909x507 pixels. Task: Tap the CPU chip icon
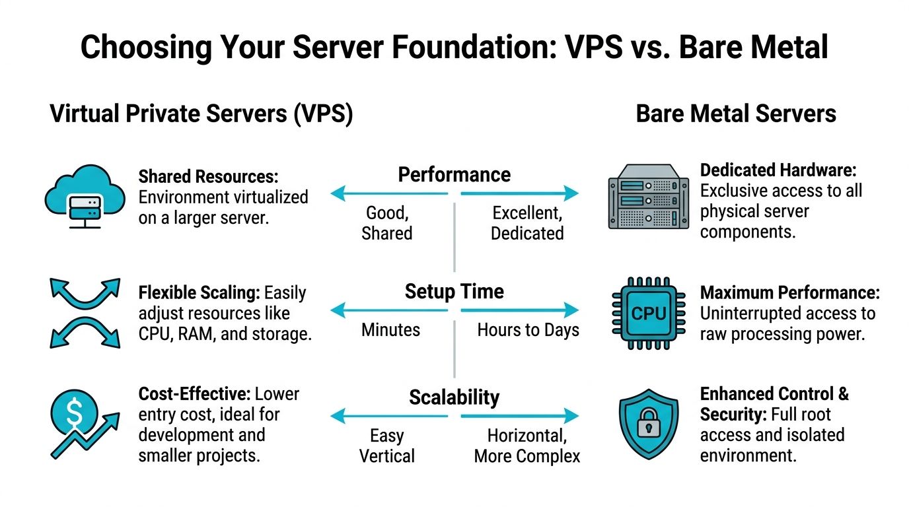(x=648, y=312)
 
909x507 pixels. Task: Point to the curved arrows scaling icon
(x=85, y=312)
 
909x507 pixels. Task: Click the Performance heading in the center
(x=454, y=175)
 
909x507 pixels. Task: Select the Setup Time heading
(x=454, y=291)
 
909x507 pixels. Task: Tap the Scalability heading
(x=454, y=397)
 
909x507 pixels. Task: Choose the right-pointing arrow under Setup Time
(x=519, y=309)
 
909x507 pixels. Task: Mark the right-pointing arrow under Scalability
(x=519, y=416)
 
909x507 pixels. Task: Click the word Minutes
(x=390, y=329)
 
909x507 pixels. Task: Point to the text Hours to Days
(x=528, y=329)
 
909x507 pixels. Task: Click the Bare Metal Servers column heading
(x=736, y=114)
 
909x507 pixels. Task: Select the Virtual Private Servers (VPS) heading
(x=201, y=114)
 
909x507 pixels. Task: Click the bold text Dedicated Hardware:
(x=778, y=170)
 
